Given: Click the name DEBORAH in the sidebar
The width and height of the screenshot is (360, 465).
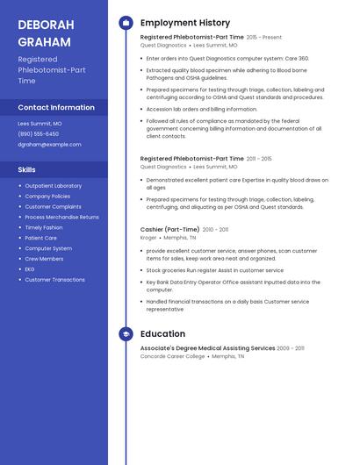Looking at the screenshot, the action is coord(45,25).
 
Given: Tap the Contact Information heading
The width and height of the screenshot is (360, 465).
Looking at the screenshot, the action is coord(56,107).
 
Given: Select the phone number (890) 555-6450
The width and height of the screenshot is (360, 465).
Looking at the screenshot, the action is coord(39,133).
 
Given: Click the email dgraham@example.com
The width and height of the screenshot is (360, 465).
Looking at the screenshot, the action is coord(49,144).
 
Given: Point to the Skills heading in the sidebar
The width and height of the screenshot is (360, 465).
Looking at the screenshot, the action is coord(27,169).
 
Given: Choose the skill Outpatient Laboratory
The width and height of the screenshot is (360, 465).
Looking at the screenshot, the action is coord(53,186).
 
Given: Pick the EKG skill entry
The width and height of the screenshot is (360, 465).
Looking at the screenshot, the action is coord(30,269).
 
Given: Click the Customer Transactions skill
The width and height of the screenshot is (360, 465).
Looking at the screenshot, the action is coord(54,280).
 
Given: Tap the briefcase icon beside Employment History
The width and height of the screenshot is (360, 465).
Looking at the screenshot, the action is coord(126,23).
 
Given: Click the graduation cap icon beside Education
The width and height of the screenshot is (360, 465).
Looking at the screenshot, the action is coord(126,334).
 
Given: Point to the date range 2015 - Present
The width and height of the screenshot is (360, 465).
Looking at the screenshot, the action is coord(264,38).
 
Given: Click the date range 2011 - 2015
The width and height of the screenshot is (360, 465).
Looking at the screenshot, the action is coord(259,159).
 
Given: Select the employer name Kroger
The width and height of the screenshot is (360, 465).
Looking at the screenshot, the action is coord(148,238).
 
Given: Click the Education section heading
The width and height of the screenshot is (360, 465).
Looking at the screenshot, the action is coord(162,334).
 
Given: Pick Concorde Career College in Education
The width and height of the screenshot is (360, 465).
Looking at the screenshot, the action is coord(172,356).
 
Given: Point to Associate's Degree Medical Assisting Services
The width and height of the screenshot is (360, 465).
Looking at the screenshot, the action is coord(207,348).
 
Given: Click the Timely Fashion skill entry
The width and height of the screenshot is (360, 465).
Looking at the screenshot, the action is coord(44,227).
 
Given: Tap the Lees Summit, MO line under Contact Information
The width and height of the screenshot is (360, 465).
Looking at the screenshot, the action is coord(40,124).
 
